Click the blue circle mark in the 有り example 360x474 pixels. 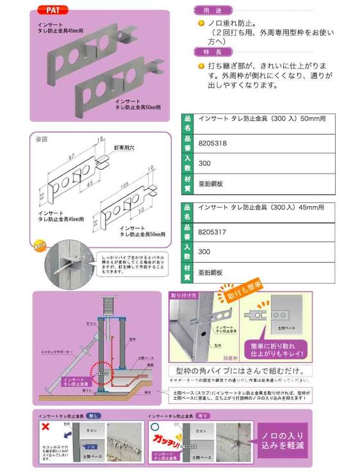pyautogui.click(x=154, y=425)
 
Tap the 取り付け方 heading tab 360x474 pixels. pyautogui.click(x=182, y=295)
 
